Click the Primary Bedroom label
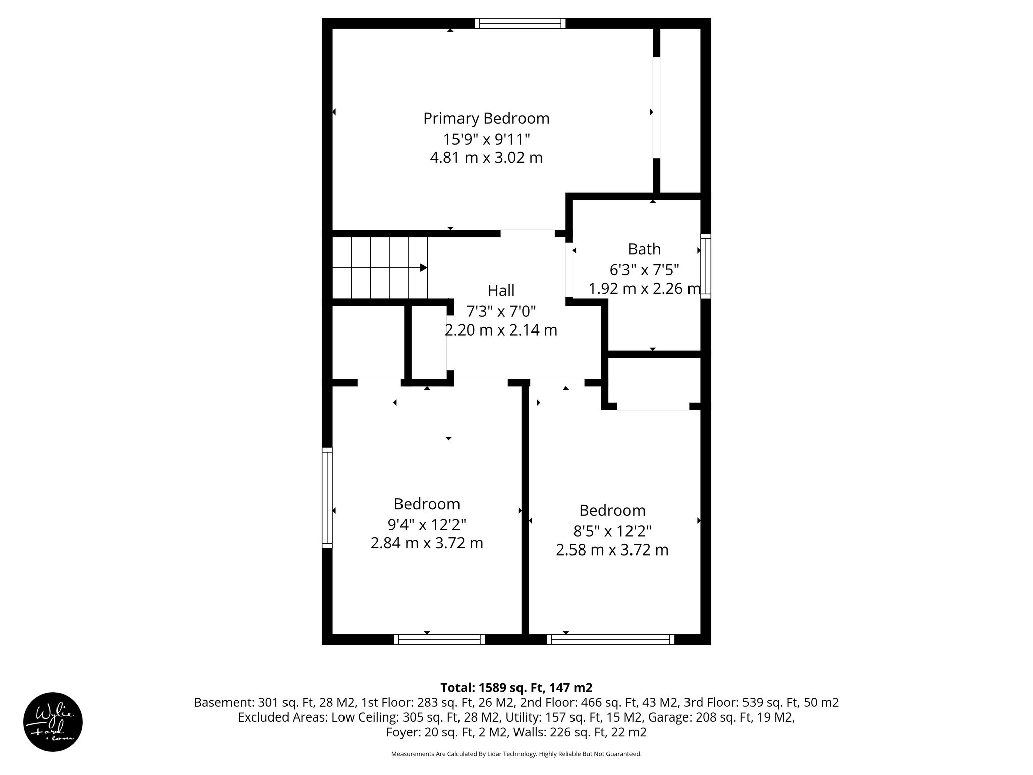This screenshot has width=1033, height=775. click(486, 118)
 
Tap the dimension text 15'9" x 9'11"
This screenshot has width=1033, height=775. click(486, 138)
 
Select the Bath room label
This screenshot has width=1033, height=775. click(644, 249)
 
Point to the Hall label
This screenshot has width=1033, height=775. click(501, 291)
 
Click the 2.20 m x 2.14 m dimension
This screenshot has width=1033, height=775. click(501, 330)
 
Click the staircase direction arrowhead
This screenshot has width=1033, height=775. click(424, 268)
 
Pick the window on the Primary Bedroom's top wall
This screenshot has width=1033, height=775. click(520, 23)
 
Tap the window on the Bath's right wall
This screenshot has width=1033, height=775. click(706, 266)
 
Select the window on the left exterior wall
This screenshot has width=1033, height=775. click(327, 497)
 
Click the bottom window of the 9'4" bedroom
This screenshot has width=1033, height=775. click(439, 640)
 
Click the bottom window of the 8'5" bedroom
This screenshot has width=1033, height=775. click(610, 640)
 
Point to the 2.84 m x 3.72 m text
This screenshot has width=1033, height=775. click(427, 543)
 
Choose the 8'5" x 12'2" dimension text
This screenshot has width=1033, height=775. click(612, 531)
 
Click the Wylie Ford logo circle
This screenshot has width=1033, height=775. click(53, 722)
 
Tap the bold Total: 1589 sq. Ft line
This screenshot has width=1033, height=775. click(516, 688)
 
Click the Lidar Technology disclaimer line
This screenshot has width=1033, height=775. click(516, 754)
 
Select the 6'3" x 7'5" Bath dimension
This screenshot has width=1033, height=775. click(644, 270)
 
